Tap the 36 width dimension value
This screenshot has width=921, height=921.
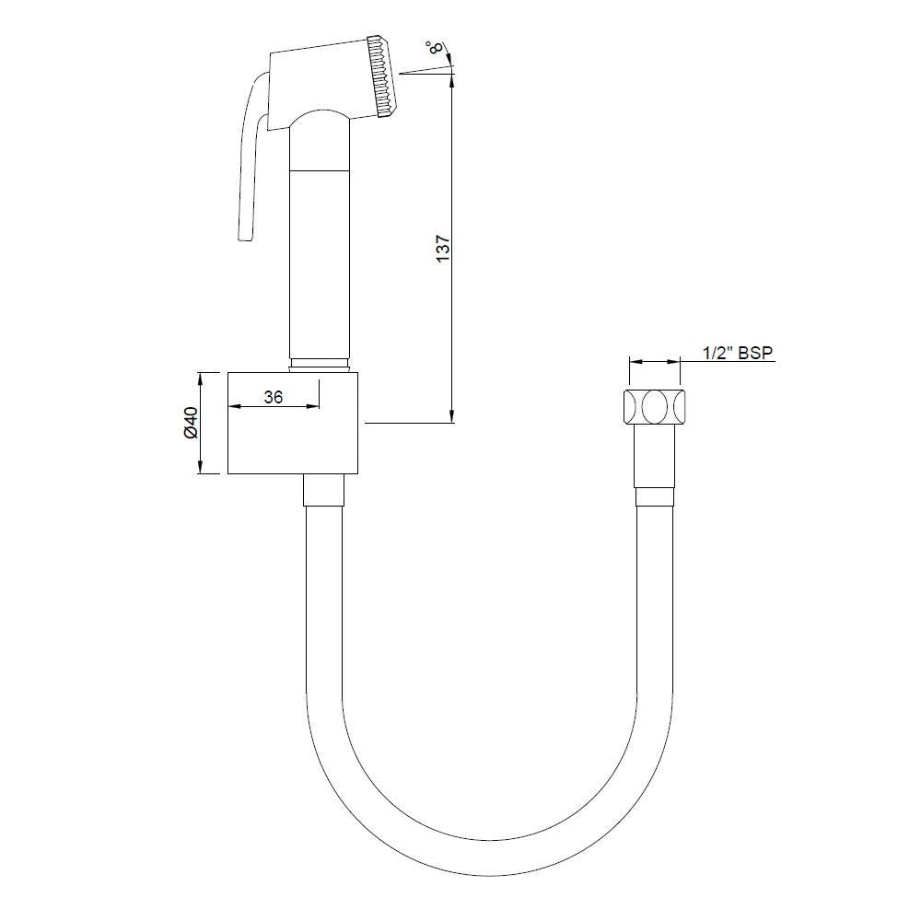[x=273, y=397]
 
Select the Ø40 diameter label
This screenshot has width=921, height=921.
[x=190, y=423]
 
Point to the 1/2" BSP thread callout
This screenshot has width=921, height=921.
[x=736, y=353]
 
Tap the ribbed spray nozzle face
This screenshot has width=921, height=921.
[x=381, y=77]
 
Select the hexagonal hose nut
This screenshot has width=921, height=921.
[x=656, y=406]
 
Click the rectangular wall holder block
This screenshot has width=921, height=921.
[x=295, y=424]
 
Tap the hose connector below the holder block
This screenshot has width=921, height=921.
[x=323, y=490]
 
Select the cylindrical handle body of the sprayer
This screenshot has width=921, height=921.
[x=321, y=258]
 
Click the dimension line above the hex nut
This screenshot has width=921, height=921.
[x=656, y=362]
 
